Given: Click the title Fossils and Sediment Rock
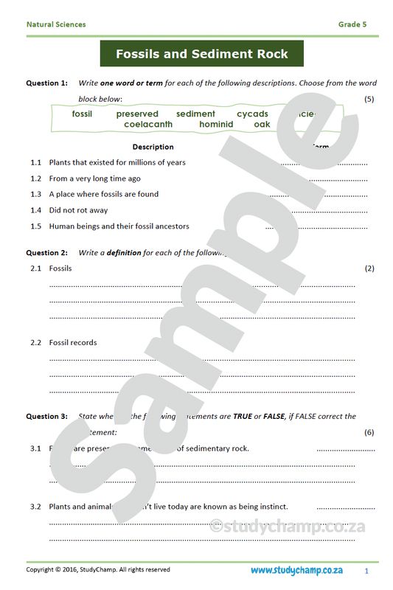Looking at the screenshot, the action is pos(201,54).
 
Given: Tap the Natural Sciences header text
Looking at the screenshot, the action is pos(56,24).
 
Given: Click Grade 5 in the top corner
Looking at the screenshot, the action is pos(352,24).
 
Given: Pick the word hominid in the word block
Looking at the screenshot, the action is pos(216,125).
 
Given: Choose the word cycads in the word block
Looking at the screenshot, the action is pos(252,114).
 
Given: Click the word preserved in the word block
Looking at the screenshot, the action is pos(137,114).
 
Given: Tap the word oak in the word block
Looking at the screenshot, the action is pos(262,125).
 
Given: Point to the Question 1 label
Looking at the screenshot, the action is pos(47,83).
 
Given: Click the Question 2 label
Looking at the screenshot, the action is pos(47,252).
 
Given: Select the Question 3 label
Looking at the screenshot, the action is pos(47,416).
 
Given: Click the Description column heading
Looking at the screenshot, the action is pos(153,147).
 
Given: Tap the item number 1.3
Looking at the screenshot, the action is pos(35,194).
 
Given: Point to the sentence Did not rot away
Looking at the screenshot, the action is pos(78,210).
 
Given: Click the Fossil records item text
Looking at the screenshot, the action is pos(73,342).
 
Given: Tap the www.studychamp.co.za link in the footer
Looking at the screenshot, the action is pos(296,570).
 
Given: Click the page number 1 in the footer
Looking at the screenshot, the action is pos(366,571).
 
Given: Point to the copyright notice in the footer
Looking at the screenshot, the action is pos(98,569).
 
